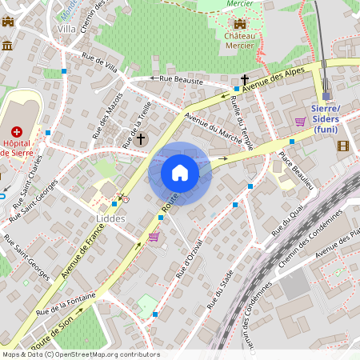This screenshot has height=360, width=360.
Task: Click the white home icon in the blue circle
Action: click(180, 173)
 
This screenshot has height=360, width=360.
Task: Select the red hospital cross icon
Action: click(16, 130)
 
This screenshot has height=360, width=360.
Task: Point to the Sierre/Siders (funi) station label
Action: click(326, 118)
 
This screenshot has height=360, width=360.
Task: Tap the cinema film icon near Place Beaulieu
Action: click(343, 146)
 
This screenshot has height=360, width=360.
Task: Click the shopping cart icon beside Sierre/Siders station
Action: click(301, 122)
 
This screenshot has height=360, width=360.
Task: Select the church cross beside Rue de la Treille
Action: click(141, 139)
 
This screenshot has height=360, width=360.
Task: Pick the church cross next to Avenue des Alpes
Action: click(245, 80)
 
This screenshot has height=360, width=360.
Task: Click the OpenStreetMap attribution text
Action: click(80, 354)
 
